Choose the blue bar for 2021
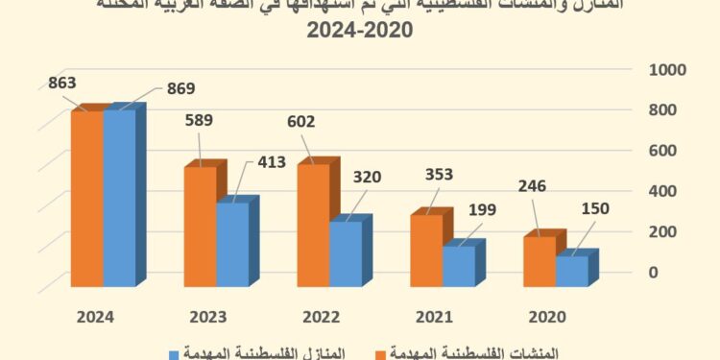(x=459, y=266)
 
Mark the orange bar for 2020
(x=539, y=261)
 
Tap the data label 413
(x=271, y=163)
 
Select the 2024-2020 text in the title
(x=359, y=30)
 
